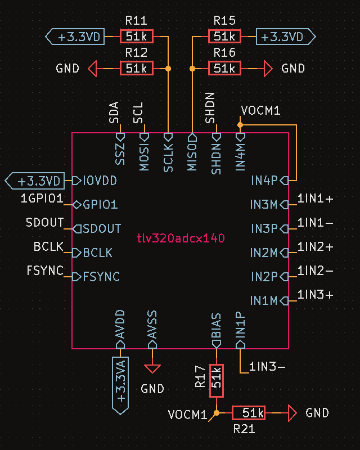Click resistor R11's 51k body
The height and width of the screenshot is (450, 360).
136,37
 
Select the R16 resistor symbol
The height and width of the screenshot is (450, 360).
224,69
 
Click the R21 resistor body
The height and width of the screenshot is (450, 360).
248,413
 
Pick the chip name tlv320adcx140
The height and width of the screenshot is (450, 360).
181,238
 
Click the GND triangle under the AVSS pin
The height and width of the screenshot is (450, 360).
152,368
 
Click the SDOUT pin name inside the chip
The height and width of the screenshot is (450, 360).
101,228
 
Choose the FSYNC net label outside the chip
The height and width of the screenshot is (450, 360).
45,271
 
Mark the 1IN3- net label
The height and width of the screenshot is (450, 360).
267,367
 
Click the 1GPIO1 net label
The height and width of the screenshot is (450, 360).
42,198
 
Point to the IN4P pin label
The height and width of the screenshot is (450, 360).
264,181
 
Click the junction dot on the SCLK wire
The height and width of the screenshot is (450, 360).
168,69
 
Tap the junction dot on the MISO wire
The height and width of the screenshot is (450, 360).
192,69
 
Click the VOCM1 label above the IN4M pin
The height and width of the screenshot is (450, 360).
260,111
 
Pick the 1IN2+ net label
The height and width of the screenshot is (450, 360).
315,246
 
